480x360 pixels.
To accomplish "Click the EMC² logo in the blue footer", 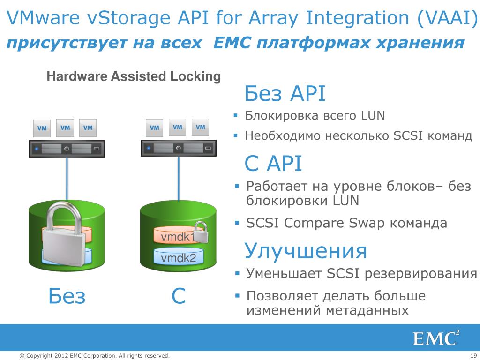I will point(436,338).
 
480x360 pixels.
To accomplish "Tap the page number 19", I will point(473,356).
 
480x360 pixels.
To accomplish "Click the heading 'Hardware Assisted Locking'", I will point(134,76).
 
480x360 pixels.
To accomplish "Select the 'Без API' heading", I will point(285,94).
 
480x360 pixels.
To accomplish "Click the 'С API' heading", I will point(273,164).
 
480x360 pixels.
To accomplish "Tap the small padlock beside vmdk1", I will point(200,232).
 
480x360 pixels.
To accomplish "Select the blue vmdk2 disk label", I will point(178,258).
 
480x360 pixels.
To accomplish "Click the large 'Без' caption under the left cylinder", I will point(67,296).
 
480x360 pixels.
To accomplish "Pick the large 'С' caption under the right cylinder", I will point(179,296).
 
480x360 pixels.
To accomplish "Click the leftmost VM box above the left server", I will point(42,128).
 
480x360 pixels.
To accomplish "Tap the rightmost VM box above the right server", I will point(201,127).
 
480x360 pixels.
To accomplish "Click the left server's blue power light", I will point(36,149).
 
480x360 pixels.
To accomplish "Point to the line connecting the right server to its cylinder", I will point(179,178).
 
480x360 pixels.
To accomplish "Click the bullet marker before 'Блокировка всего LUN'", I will point(237,115).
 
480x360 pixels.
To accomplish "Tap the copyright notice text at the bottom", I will point(94,356).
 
